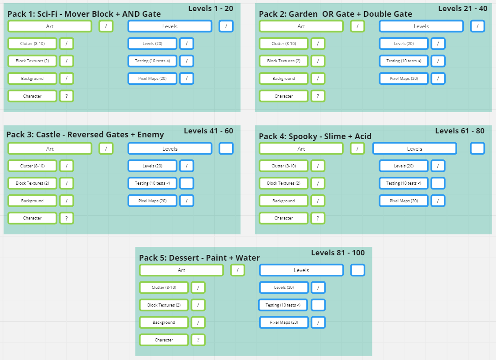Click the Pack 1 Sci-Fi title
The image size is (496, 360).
[84, 14]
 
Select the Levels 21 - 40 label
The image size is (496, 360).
[462, 8]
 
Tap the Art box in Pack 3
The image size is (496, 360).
[50, 149]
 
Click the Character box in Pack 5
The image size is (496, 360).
[164, 340]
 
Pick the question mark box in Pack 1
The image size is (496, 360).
[66, 96]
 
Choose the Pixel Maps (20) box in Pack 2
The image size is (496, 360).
[403, 79]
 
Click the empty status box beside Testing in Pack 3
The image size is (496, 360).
[187, 183]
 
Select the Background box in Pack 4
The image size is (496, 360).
[283, 201]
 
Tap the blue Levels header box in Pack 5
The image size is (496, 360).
[301, 270]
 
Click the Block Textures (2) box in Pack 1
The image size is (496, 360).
[32, 61]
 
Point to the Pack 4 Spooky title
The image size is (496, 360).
[315, 136]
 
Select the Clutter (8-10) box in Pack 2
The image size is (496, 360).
[283, 44]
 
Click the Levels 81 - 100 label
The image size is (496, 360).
[338, 253]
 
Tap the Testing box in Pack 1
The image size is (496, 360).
[152, 61]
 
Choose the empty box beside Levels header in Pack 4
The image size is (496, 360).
[477, 148]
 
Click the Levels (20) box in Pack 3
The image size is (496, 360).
[152, 166]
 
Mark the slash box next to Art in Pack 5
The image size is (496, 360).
[237, 270]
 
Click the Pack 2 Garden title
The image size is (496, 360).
[335, 14]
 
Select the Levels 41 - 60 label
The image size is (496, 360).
[208, 131]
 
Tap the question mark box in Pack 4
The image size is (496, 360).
[318, 218]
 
